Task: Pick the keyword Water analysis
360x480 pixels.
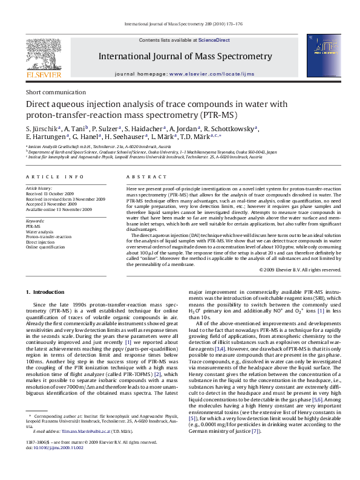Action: point(39,232)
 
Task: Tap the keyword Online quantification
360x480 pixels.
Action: point(45,247)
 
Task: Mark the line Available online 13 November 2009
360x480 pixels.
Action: point(58,209)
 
